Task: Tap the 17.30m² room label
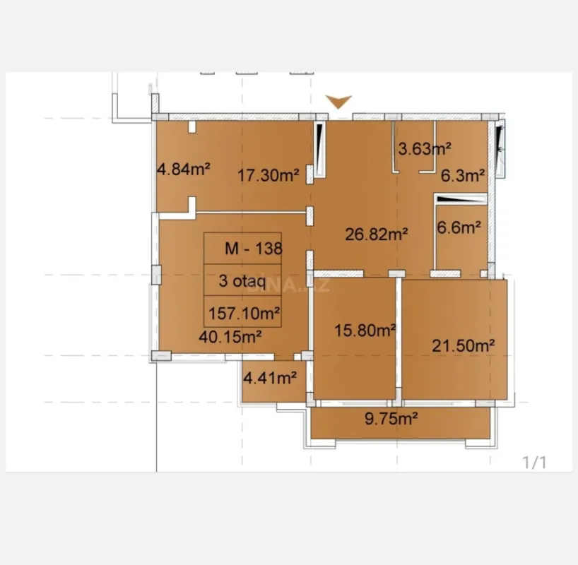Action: pos(268,174)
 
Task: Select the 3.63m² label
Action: pos(425,149)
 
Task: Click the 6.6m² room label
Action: pos(459,227)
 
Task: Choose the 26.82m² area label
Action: pos(377,234)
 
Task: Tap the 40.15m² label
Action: pos(231,336)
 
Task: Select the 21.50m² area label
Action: pos(462,345)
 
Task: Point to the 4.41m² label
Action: pos(270,379)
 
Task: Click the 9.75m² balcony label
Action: pos(391,419)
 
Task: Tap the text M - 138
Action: pos(253,249)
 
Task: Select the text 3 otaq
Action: pos(242,282)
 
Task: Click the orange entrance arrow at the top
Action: pos(339,102)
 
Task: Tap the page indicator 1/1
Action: pos(534,463)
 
